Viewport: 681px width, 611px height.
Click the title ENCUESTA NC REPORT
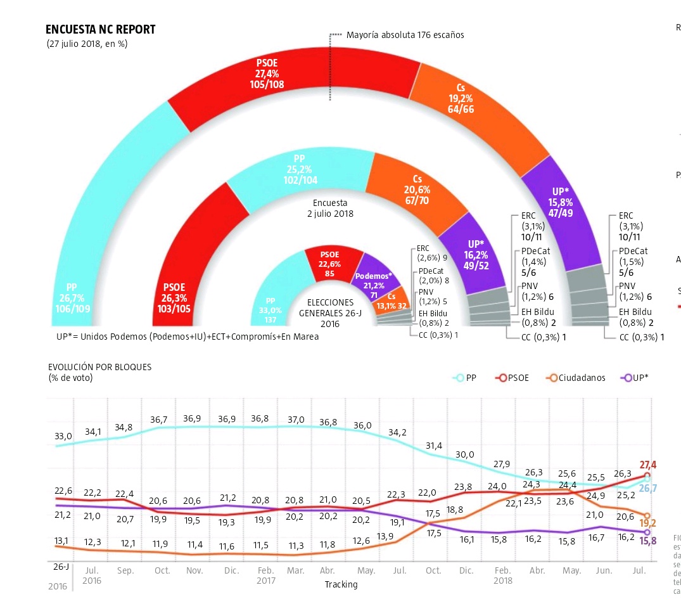click(100, 30)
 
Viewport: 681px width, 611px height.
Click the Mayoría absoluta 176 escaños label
click(405, 35)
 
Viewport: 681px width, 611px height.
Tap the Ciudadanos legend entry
click(576, 378)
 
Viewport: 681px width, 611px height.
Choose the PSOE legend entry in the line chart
click(520, 378)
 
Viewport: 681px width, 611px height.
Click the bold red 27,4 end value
click(647, 465)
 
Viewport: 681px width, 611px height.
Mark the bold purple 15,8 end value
click(647, 541)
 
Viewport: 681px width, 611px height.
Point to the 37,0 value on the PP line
click(296, 420)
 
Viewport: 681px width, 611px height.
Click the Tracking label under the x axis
click(341, 584)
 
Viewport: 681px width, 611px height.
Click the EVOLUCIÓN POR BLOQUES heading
click(99, 366)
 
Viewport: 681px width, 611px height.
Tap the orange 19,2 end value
click(647, 523)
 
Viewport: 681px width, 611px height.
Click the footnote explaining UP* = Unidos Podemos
click(187, 337)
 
